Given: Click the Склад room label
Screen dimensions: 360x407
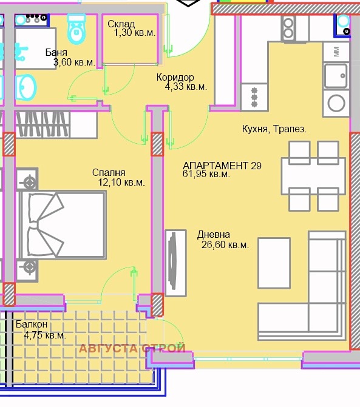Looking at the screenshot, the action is (121, 24).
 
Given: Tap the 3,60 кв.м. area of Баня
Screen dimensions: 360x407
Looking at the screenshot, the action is (74, 62).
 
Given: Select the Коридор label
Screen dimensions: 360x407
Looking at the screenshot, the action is (175, 77).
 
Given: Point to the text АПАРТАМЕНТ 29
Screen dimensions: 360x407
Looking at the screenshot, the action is (222, 166).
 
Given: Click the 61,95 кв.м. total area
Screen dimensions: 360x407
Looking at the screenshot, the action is (206, 173).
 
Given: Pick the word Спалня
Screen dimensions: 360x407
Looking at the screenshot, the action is (109, 172).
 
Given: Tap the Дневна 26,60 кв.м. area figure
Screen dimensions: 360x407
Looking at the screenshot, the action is (225, 245).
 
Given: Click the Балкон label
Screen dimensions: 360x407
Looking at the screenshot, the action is (32, 324).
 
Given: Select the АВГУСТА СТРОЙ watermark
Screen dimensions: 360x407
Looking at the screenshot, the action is (132, 348).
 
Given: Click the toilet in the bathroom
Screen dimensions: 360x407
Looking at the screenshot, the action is (76, 29).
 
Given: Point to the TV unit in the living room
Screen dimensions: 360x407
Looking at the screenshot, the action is (175, 263).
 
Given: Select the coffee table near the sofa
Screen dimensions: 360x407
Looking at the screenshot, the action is (274, 263).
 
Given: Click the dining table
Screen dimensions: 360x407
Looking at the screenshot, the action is (313, 176).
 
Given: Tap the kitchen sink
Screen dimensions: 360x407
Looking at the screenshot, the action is (336, 76).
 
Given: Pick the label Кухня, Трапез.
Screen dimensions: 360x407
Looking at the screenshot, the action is (274, 129).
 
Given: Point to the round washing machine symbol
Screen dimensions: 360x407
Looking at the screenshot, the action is (336, 103).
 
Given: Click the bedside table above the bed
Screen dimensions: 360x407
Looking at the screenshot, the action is (27, 179).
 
